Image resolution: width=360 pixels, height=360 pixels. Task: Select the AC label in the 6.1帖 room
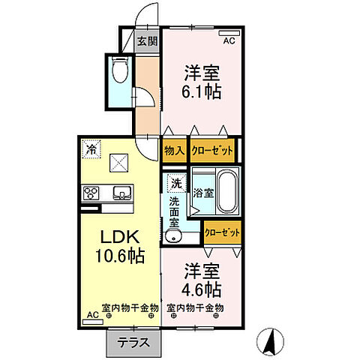pyautogui.click(x=229, y=40)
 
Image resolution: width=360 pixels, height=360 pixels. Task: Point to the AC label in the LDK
pyautogui.click(x=92, y=316)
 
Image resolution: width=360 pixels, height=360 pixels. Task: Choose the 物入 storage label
pyautogui.click(x=175, y=151)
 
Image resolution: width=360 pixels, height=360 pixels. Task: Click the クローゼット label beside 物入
pyautogui.click(x=212, y=151)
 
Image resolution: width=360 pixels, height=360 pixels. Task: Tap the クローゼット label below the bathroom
pyautogui.click(x=223, y=232)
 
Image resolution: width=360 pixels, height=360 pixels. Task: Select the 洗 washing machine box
pyautogui.click(x=175, y=183)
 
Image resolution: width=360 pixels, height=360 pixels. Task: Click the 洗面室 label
pyautogui.click(x=173, y=211)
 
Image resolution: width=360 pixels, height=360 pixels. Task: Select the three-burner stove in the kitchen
pyautogui.click(x=91, y=193)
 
